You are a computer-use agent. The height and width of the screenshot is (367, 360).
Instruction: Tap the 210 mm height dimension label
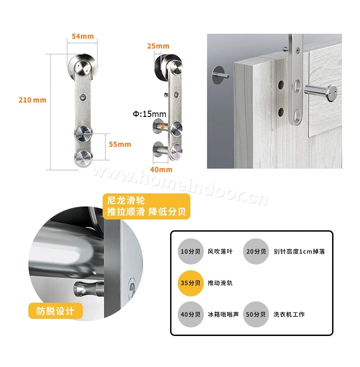32,100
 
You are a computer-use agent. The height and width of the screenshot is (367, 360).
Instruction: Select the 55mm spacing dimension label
120,144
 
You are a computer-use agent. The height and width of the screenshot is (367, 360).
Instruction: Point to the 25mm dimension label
158,46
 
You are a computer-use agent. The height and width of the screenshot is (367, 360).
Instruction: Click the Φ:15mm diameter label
149,114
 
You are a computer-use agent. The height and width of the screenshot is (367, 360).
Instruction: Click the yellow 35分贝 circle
190,283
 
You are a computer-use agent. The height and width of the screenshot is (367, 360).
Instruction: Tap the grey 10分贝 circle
190,251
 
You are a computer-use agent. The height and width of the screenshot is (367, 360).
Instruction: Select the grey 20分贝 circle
256,251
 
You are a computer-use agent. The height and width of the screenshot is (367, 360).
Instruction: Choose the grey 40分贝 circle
190,314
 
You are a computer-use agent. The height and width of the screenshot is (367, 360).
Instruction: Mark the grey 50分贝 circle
256,314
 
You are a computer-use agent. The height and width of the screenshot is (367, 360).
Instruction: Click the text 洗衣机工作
289,314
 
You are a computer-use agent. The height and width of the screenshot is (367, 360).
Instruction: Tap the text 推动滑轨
220,283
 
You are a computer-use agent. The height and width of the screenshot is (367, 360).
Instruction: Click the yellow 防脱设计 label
55,311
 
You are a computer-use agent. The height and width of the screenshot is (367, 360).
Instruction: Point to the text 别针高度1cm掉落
299,251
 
